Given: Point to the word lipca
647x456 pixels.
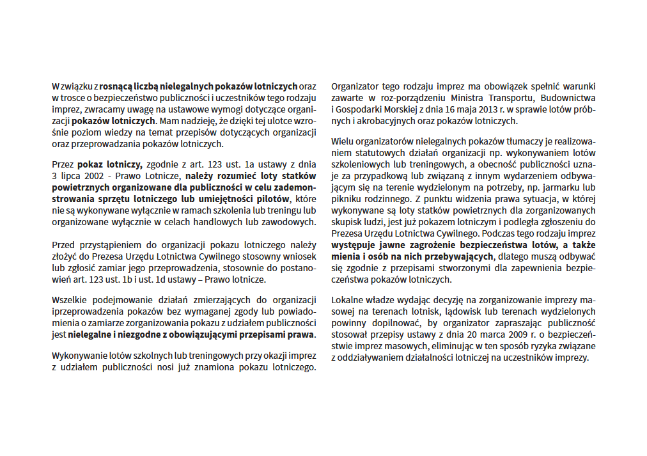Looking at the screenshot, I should click(x=72, y=176).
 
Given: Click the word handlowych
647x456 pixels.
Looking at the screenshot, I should click(x=243, y=223).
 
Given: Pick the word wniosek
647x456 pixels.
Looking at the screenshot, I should click(x=300, y=256).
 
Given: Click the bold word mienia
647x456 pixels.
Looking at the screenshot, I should click(x=346, y=256).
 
